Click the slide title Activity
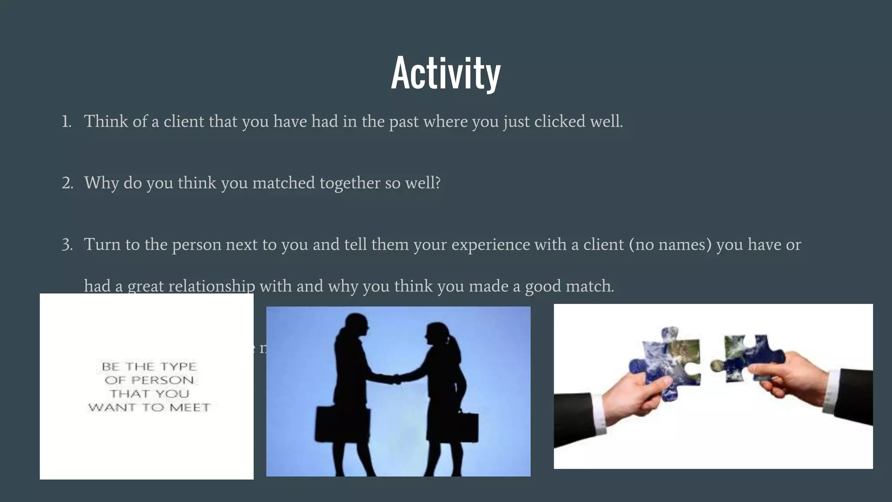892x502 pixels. tap(446, 73)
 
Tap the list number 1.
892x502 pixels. tap(66, 122)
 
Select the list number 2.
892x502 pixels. tap(67, 183)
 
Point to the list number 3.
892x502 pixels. tap(67, 245)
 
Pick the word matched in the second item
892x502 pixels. tap(284, 183)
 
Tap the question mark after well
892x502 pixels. tap(438, 183)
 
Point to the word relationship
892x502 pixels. tap(212, 286)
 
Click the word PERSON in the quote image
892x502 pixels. tap(162, 380)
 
